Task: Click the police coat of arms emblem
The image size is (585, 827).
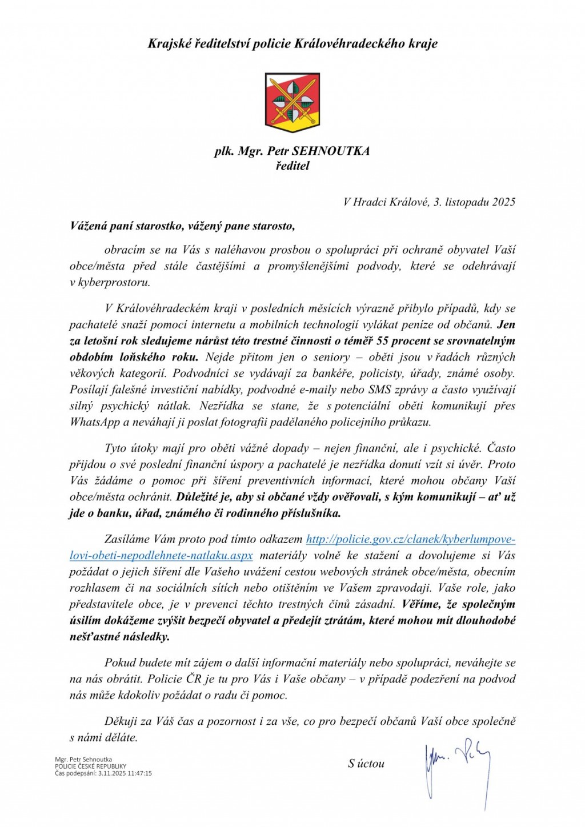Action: [x=292, y=103]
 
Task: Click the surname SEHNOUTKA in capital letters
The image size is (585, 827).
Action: [x=331, y=151]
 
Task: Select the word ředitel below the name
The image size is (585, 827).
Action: [x=292, y=166]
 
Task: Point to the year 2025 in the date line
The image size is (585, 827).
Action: [x=504, y=202]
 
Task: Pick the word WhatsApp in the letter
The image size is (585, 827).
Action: [x=95, y=423]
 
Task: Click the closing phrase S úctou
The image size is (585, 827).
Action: [x=366, y=764]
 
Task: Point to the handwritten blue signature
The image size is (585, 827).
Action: [x=458, y=768]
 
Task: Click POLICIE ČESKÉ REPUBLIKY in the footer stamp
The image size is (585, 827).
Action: [x=90, y=766]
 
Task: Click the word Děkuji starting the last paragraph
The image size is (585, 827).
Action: [x=121, y=721]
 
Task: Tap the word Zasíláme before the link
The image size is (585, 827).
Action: [x=128, y=540]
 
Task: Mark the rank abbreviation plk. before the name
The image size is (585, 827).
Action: [x=223, y=151]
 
